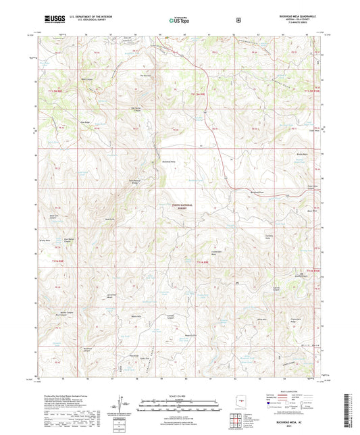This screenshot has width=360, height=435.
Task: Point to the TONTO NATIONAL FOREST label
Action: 179,207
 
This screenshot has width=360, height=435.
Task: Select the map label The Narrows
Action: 145,75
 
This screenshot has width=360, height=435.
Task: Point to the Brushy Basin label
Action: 303,155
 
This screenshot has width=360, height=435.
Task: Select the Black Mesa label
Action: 312,211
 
